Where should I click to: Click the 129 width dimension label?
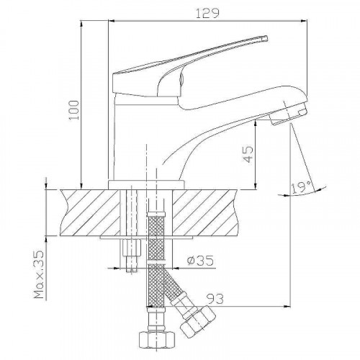click(207, 13)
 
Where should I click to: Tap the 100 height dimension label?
click(73, 110)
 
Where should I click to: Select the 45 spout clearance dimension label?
click(248, 155)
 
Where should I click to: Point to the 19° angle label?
click(302, 187)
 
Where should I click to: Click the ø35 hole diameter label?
click(201, 261)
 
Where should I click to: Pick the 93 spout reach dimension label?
click(215, 299)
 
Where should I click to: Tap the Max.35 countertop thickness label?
click(39, 274)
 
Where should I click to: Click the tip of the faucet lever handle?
click(266, 38)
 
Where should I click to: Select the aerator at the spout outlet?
click(288, 114)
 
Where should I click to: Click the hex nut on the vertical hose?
click(156, 339)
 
